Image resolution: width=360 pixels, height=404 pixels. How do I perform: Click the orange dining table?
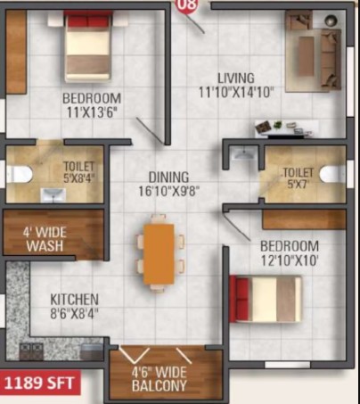point(159,254)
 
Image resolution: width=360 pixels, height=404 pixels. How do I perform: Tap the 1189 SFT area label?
point(40,383)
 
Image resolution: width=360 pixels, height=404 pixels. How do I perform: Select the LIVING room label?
point(236,78)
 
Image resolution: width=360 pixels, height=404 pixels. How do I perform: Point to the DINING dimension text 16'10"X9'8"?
point(168,191)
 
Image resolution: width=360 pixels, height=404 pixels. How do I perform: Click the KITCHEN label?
point(74,300)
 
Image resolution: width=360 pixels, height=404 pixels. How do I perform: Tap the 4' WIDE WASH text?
point(45,239)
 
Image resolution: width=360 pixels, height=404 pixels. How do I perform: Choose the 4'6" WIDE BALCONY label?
point(160,379)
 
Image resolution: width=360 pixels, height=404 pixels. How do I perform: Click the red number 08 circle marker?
point(187,5)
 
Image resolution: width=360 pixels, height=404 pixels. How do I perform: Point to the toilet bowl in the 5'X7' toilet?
point(333,173)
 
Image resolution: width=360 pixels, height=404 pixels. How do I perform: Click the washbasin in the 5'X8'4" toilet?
point(53,194)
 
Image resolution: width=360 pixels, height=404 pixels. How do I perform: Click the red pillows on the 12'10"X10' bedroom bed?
point(243,299)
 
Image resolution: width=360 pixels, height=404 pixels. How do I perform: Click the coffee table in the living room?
point(307,55)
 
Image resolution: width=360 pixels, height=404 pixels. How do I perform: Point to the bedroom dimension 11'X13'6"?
point(90,112)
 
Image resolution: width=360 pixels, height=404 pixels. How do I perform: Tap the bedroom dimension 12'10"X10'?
point(290,260)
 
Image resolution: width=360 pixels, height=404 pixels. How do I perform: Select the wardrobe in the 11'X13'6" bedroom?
point(16,52)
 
